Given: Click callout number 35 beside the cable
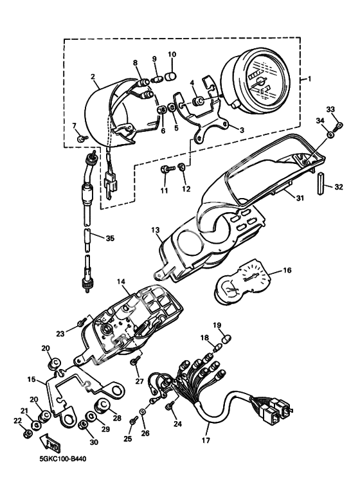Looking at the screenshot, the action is (x=110, y=239).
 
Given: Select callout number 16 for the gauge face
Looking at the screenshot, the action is (x=287, y=271).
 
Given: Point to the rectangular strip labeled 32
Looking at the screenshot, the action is (x=321, y=184).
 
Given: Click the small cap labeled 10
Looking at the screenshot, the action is (x=172, y=77).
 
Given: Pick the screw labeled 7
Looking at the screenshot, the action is (x=83, y=138).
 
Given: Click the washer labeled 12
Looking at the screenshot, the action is (x=182, y=167).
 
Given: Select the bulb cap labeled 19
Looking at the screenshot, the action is (x=226, y=339).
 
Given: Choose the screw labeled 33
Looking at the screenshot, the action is (x=339, y=125).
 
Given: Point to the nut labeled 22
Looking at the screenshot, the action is (x=28, y=432).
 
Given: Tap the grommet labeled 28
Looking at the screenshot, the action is (x=102, y=406).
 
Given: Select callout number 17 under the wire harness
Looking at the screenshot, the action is (x=206, y=440).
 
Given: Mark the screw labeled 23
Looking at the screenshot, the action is (x=82, y=323).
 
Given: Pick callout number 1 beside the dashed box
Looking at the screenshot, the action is (x=309, y=78).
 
